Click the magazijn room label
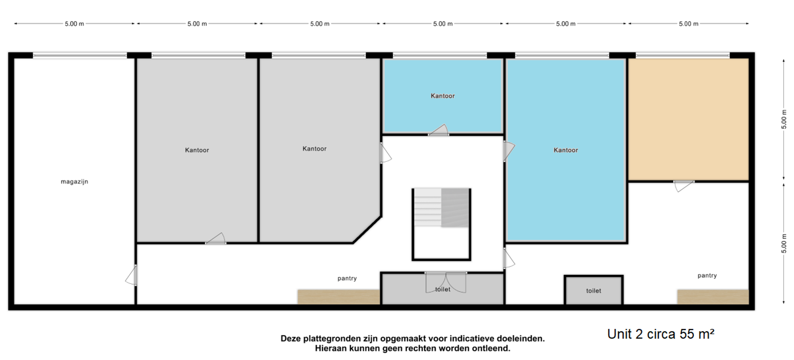tap(74, 182)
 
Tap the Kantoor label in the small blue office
tap(442, 96)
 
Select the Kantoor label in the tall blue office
tap(566, 150)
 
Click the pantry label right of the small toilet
tap(707, 276)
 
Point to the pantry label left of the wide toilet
tap(347, 278)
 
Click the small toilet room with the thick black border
tap(593, 290)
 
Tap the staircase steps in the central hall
tap(441, 208)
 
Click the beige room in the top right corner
tap(689, 119)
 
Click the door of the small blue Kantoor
tap(439, 130)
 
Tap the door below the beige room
tap(684, 186)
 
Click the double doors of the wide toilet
tap(446, 282)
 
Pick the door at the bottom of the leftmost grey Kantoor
tap(216, 238)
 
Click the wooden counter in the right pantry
tap(713, 297)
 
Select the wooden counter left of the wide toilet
tap(339, 297)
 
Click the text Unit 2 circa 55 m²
tap(660, 334)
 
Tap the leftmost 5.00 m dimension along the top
tap(74, 24)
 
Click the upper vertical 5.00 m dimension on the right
tap(784, 119)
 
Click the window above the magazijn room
tap(80, 55)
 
